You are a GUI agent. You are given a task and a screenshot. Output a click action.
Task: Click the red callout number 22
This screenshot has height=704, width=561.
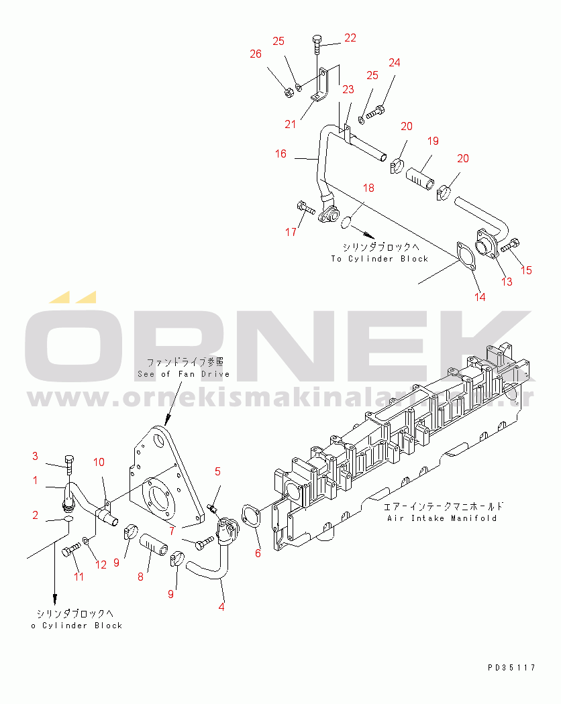point(350,38)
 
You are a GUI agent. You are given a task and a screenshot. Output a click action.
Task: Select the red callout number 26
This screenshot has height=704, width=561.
point(256,54)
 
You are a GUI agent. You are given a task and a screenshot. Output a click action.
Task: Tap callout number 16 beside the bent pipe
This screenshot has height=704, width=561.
point(280,154)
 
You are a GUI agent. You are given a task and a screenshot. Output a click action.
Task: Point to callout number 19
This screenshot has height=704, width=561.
point(433,141)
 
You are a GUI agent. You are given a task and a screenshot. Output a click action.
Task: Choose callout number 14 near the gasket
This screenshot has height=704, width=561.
point(479,296)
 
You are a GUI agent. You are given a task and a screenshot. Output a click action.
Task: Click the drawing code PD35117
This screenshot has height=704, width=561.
point(511,668)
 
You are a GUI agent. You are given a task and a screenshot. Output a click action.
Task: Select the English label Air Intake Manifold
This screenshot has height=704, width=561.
point(442,518)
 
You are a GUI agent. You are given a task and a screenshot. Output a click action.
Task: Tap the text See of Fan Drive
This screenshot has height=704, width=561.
point(183,374)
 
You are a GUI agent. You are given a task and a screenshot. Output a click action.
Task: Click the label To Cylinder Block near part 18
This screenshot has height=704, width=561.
point(379,259)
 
